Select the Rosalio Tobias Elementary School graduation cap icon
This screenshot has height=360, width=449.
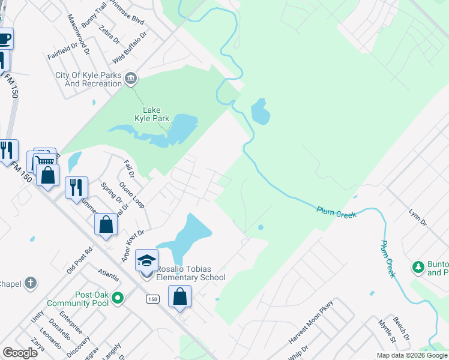point(146,260)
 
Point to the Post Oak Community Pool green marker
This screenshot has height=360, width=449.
point(118,297)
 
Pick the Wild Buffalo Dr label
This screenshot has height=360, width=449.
point(130,49)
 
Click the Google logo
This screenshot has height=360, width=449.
point(20,353)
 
